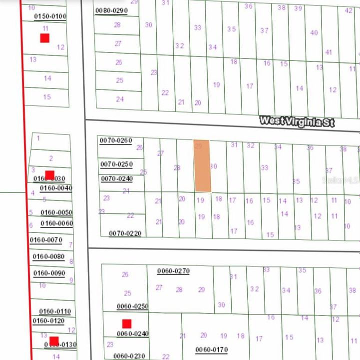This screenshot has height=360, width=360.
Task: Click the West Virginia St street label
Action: [297, 121]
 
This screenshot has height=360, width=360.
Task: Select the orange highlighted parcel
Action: [202, 166]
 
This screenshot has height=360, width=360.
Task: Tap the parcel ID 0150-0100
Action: [50, 16]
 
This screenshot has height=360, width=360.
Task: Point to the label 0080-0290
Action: [111, 10]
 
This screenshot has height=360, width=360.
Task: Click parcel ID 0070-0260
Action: [116, 140]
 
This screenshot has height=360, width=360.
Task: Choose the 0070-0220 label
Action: [125, 233]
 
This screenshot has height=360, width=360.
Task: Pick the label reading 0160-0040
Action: [56, 188]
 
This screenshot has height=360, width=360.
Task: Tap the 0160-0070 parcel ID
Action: [46, 240]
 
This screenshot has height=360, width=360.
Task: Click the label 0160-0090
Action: [49, 273]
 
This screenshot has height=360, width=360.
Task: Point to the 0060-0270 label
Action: [173, 271]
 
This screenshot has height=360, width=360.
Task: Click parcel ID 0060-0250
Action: [133, 306]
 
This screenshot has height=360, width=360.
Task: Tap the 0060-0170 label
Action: [212, 349]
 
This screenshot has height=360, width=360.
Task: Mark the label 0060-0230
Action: [129, 356]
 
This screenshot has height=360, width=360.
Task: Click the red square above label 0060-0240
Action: [127, 323]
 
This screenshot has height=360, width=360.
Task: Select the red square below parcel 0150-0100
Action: [44, 38]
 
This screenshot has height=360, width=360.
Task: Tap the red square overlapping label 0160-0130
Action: [54, 341]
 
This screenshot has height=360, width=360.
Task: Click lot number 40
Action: [314, 32]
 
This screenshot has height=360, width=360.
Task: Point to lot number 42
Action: [349, 10]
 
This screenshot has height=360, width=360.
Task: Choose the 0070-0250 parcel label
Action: [116, 164]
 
